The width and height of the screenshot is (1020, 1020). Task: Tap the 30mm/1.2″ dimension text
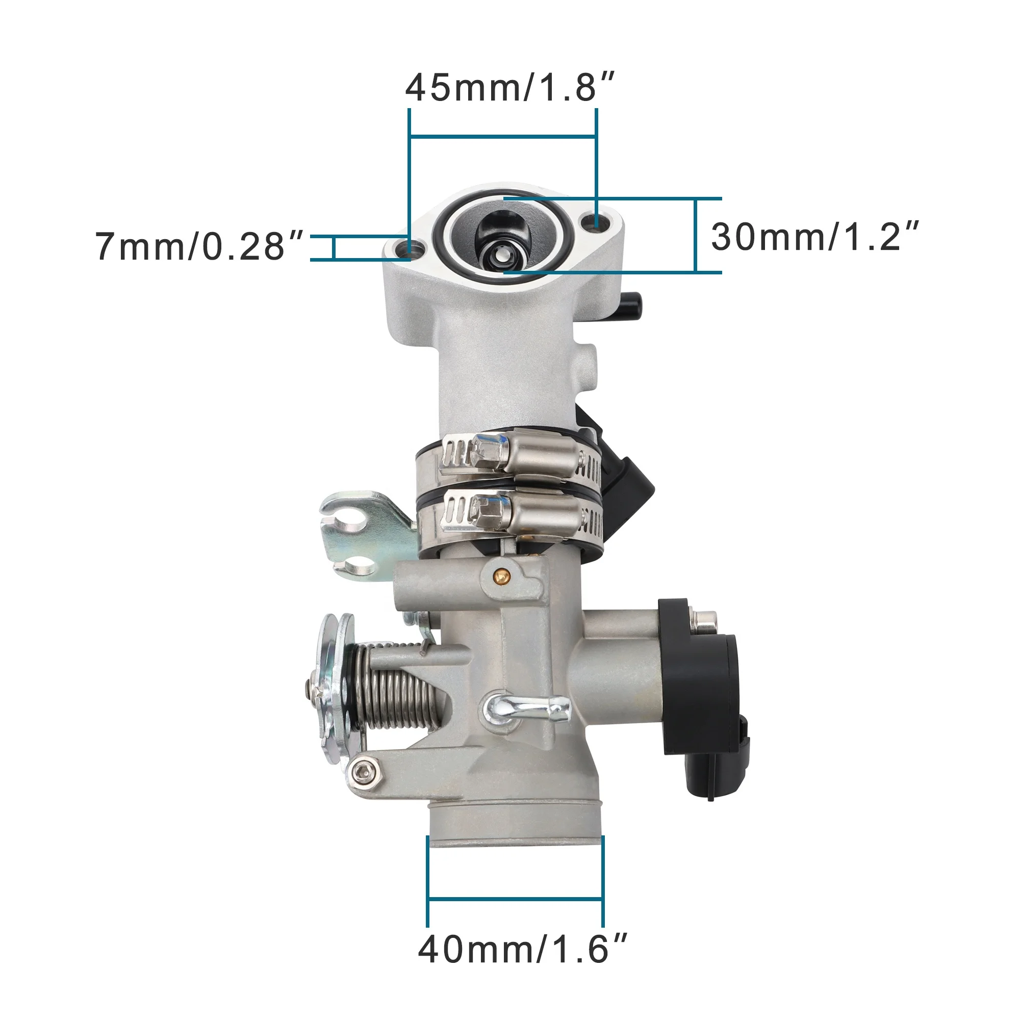(x=814, y=237)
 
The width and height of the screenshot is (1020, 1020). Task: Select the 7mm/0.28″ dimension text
(x=199, y=246)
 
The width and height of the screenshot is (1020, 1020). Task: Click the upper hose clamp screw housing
(x=539, y=453)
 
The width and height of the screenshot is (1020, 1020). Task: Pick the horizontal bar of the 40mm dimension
(x=515, y=898)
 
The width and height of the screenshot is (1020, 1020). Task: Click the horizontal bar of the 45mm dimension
(x=503, y=137)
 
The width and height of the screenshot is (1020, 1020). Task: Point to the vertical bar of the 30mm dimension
(x=696, y=236)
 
